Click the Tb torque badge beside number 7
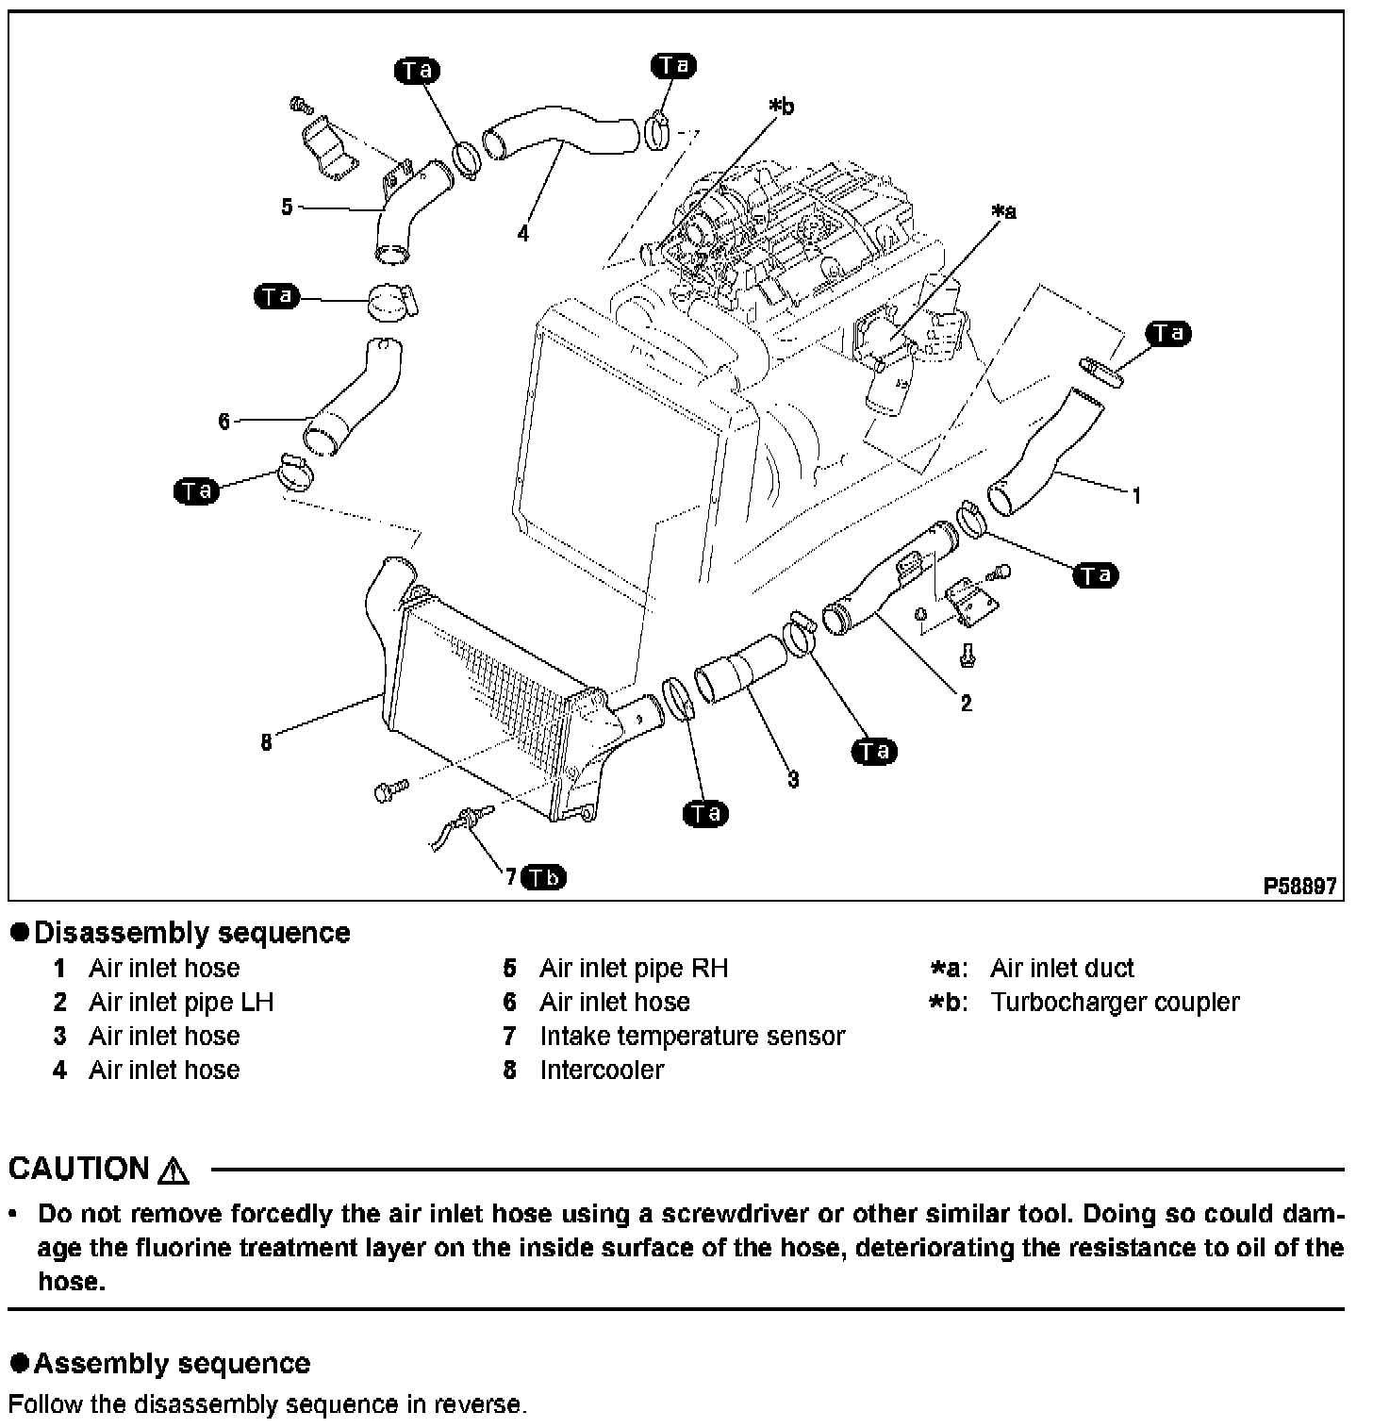(544, 877)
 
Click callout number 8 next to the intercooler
(267, 743)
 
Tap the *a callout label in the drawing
(1003, 212)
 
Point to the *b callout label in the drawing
(781, 107)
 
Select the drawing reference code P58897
(1300, 887)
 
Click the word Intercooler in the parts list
(602, 1070)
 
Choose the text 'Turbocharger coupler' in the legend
(1115, 1002)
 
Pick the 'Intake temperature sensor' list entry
(692, 1036)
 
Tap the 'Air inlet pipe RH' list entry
(634, 968)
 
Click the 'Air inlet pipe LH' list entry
(181, 1002)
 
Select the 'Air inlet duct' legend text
(1062, 968)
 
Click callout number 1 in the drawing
(1137, 495)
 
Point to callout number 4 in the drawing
(523, 233)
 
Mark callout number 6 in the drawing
(223, 422)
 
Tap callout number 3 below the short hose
(793, 779)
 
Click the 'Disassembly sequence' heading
(191, 933)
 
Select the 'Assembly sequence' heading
(172, 1363)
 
